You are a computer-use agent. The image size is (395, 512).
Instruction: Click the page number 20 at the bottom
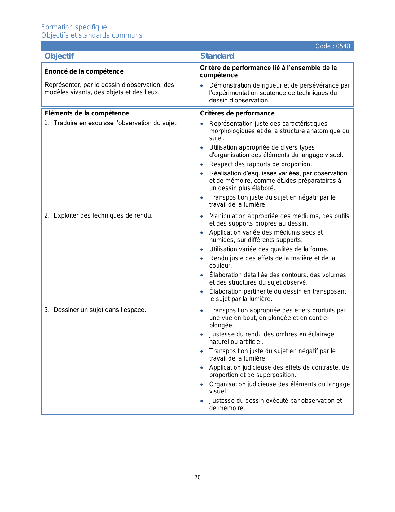(197, 478)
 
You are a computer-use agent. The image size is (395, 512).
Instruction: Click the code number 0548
(343, 47)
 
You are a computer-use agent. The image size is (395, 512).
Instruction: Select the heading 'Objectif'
(59, 56)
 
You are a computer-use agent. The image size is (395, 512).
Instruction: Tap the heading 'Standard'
(217, 56)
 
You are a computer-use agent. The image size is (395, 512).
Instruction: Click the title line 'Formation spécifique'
(74, 27)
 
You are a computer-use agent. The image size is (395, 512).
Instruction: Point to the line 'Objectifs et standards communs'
(92, 35)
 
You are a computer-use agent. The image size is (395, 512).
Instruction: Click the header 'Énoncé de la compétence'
(84, 72)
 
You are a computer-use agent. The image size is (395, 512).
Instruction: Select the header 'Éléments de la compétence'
(87, 113)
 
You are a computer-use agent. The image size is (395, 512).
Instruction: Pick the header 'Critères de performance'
(237, 113)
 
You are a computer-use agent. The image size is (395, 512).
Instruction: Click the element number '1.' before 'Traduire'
(47, 123)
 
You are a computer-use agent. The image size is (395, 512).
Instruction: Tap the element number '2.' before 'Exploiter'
(47, 216)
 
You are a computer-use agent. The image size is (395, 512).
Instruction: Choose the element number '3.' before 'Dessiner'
(47, 310)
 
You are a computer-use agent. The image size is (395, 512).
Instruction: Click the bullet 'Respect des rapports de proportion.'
(261, 164)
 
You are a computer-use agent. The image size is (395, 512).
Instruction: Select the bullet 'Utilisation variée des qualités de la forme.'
(269, 249)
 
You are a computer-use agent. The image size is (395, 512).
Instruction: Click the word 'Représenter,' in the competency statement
(63, 85)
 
